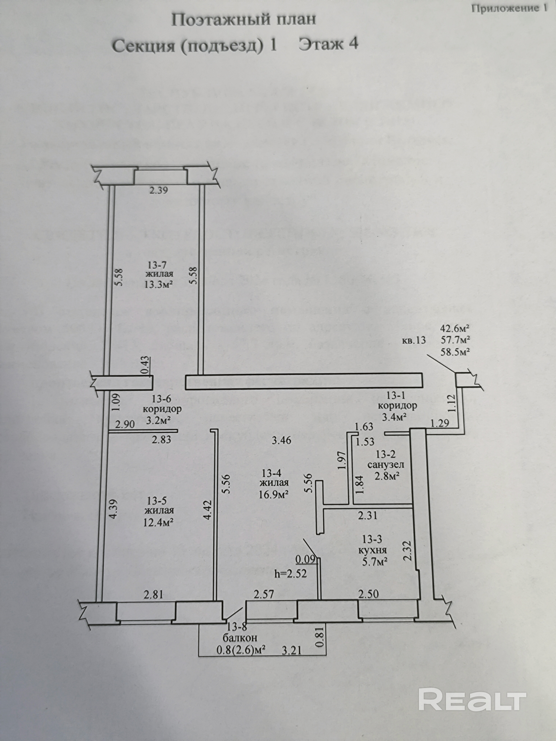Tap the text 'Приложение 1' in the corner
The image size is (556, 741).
coord(509,8)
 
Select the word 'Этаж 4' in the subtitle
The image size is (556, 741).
coord(329,44)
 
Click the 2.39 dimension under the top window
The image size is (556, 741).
coord(158,191)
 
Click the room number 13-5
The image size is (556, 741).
coord(157,501)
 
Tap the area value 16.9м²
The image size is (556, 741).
coord(274,494)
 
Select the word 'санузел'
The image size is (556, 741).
coord(386,465)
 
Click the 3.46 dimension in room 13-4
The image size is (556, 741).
coord(281,440)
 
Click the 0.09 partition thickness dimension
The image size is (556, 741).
coord(305,559)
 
